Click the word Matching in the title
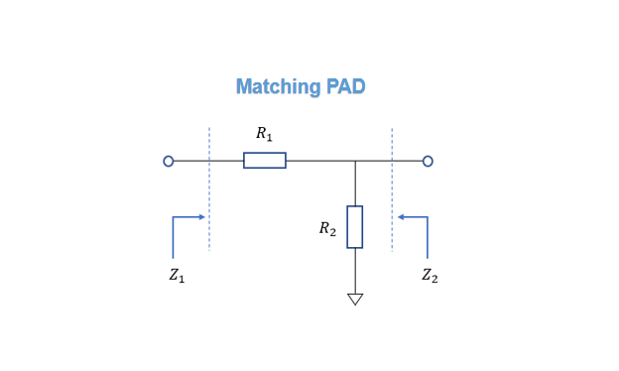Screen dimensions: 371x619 [278, 87]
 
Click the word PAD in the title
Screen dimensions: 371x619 [344, 87]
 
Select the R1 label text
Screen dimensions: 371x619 [264, 134]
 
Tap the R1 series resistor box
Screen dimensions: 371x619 [265, 161]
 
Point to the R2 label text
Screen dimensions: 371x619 [327, 228]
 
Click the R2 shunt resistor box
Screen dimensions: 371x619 [355, 227]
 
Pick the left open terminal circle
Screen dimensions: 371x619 [169, 161]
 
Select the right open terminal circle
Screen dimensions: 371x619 [428, 161]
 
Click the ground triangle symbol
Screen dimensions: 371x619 [355, 299]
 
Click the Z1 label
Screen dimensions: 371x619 [177, 277]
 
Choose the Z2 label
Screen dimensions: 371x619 [430, 277]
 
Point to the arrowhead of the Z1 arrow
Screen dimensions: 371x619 [202, 216]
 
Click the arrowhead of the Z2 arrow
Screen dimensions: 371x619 [400, 216]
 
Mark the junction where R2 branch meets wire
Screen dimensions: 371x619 [355, 161]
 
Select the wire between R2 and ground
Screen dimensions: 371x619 [355, 270]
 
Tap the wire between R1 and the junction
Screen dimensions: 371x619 [319, 161]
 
